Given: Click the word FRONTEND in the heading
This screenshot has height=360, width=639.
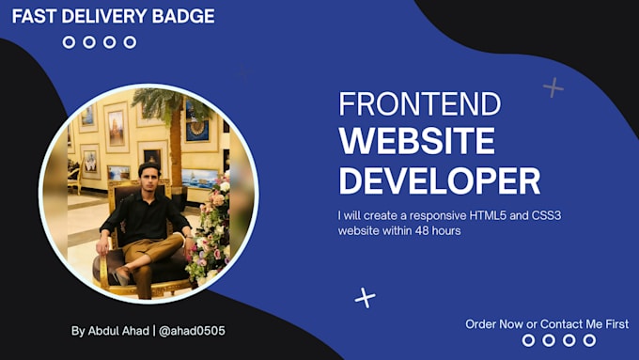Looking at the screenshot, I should coord(402,104).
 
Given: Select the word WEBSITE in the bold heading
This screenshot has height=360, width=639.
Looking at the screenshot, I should coord(416,141).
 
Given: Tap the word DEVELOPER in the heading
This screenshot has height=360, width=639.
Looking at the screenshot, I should coord(439,180).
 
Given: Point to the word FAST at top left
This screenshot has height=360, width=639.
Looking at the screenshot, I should coord(35,16).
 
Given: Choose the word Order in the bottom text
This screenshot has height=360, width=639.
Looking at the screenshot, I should coord(482,324).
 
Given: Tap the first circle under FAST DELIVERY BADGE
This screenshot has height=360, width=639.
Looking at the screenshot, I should coord(69,42).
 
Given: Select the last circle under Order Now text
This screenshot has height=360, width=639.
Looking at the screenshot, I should coord(590,340).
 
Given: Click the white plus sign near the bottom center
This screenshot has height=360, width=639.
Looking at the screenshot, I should coord(365,298).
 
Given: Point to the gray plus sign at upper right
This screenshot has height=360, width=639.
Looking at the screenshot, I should coord(553,88).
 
